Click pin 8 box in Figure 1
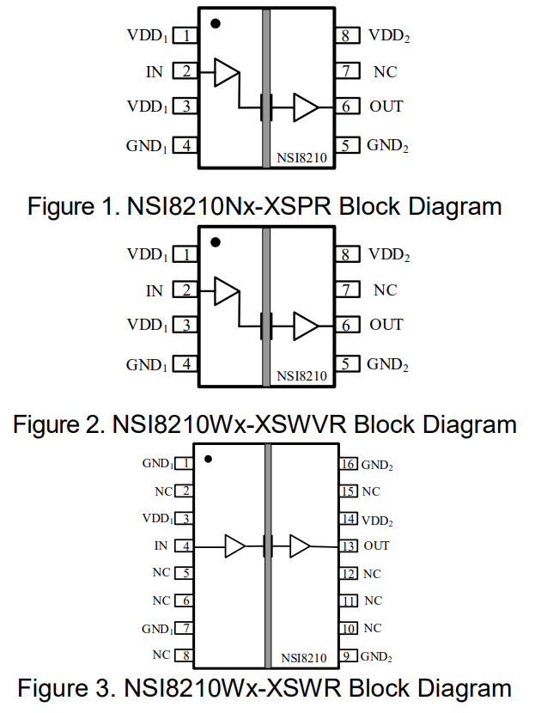point(345,36)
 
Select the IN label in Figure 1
point(154,72)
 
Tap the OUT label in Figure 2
point(386,325)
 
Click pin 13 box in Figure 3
point(348,545)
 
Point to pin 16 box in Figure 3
point(348,464)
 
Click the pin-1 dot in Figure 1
point(216,24)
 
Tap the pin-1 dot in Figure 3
point(208,459)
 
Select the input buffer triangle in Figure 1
point(225,72)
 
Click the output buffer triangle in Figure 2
point(305,326)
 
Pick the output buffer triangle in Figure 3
point(300,545)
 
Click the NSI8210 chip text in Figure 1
point(301,158)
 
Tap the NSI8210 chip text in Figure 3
point(304,659)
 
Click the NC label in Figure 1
point(385,72)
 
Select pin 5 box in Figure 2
point(345,363)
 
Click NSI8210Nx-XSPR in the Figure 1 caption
point(228,206)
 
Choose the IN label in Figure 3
point(161,545)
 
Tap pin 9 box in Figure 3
point(348,656)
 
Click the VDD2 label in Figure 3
point(378,520)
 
